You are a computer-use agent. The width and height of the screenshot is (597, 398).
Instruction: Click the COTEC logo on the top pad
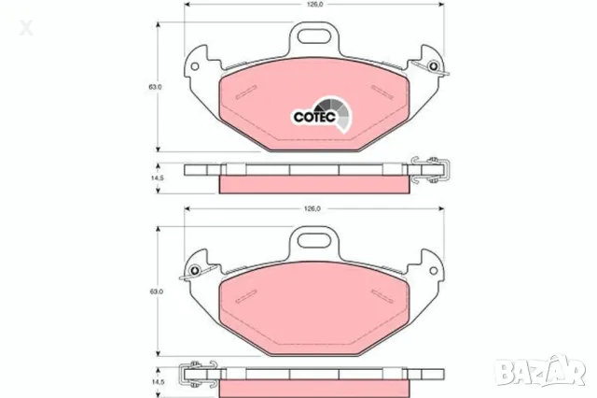[322, 114]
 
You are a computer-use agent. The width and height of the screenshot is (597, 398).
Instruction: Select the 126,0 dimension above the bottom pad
[312, 208]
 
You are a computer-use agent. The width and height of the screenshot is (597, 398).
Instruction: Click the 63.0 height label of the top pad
[155, 87]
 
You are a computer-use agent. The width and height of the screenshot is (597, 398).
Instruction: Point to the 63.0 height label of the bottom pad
[156, 291]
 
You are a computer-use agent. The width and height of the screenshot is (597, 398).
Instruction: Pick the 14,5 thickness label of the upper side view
[157, 178]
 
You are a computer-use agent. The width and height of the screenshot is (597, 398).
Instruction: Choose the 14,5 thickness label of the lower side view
[157, 382]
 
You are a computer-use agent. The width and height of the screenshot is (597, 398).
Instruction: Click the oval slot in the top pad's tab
[313, 36]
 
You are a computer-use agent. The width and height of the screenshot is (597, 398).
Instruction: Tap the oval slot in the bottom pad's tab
[313, 240]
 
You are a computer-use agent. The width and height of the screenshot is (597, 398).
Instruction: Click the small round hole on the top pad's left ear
[195, 66]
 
